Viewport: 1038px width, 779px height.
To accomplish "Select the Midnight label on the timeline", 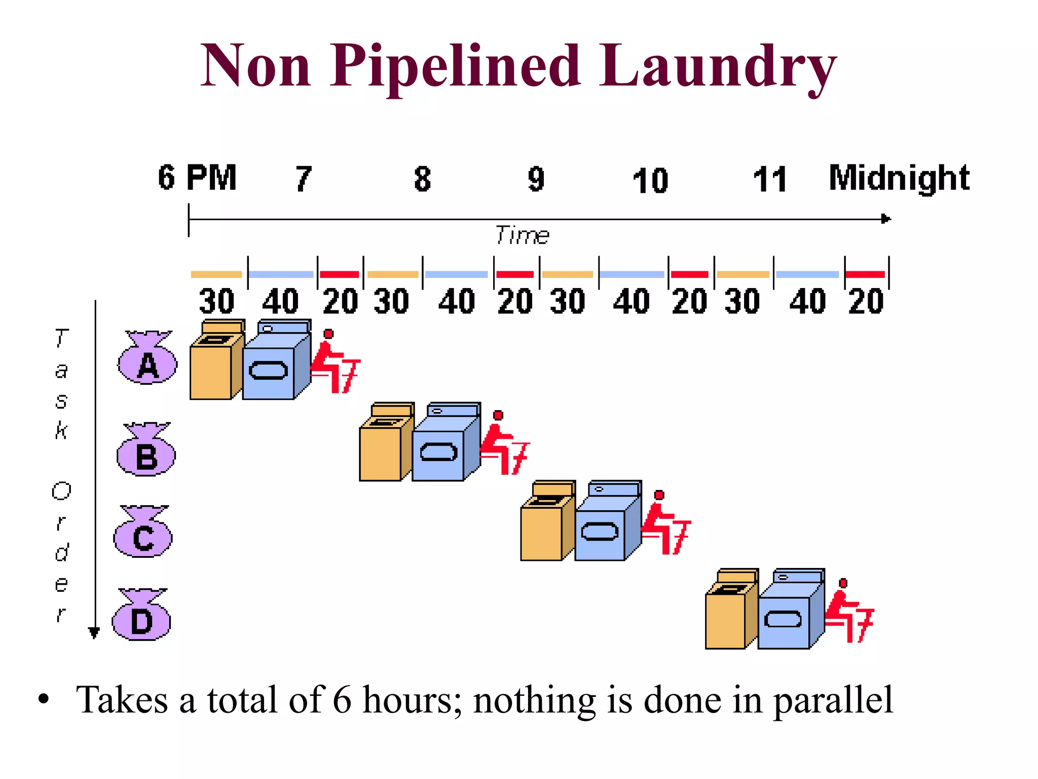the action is pos(899,178).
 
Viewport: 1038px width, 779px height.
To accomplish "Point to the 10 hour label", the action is pos(650,181).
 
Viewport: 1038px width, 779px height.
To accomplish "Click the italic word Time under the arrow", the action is pos(522,235).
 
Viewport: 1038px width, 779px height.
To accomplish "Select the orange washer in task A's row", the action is pos(215,361).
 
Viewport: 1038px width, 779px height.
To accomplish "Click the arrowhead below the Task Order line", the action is pos(94,632).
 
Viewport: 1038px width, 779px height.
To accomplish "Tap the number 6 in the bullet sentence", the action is pos(342,700).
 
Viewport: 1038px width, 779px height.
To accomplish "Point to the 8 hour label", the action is pos(422,179).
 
